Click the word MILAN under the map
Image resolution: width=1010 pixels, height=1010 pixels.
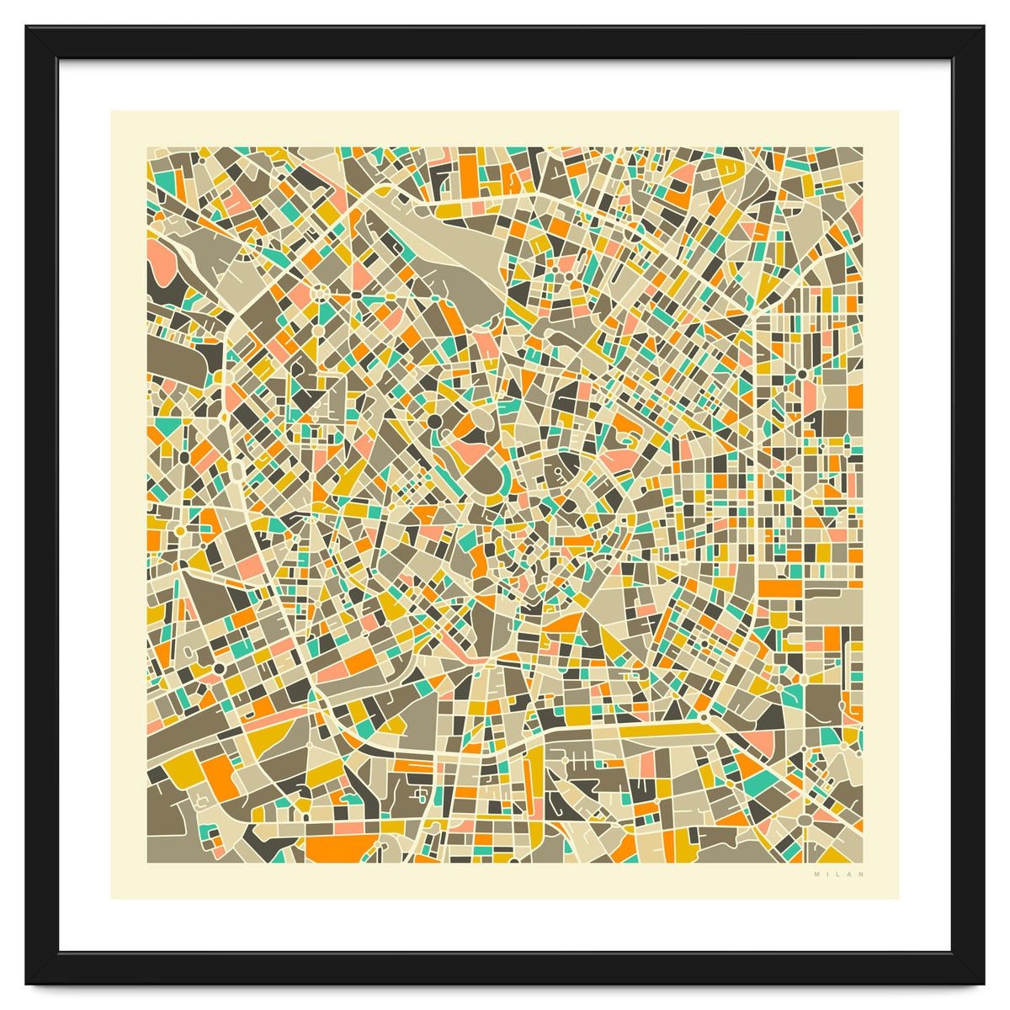point(839,874)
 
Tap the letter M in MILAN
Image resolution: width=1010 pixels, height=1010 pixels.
point(816,874)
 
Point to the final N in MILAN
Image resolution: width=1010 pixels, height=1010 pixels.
point(862,874)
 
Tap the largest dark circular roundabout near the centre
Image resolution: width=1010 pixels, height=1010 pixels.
point(434,421)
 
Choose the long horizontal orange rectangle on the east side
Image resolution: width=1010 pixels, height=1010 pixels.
point(780,587)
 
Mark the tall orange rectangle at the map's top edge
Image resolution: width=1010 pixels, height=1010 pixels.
point(468,173)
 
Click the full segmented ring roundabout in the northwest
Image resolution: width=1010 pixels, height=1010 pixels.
point(321,293)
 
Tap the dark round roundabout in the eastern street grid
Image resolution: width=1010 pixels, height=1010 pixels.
point(802,374)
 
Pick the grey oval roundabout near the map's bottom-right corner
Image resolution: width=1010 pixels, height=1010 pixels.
point(804,819)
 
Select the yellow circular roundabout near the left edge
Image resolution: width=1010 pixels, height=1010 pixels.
point(179,531)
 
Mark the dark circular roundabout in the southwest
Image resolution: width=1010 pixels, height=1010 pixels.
point(219,667)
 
